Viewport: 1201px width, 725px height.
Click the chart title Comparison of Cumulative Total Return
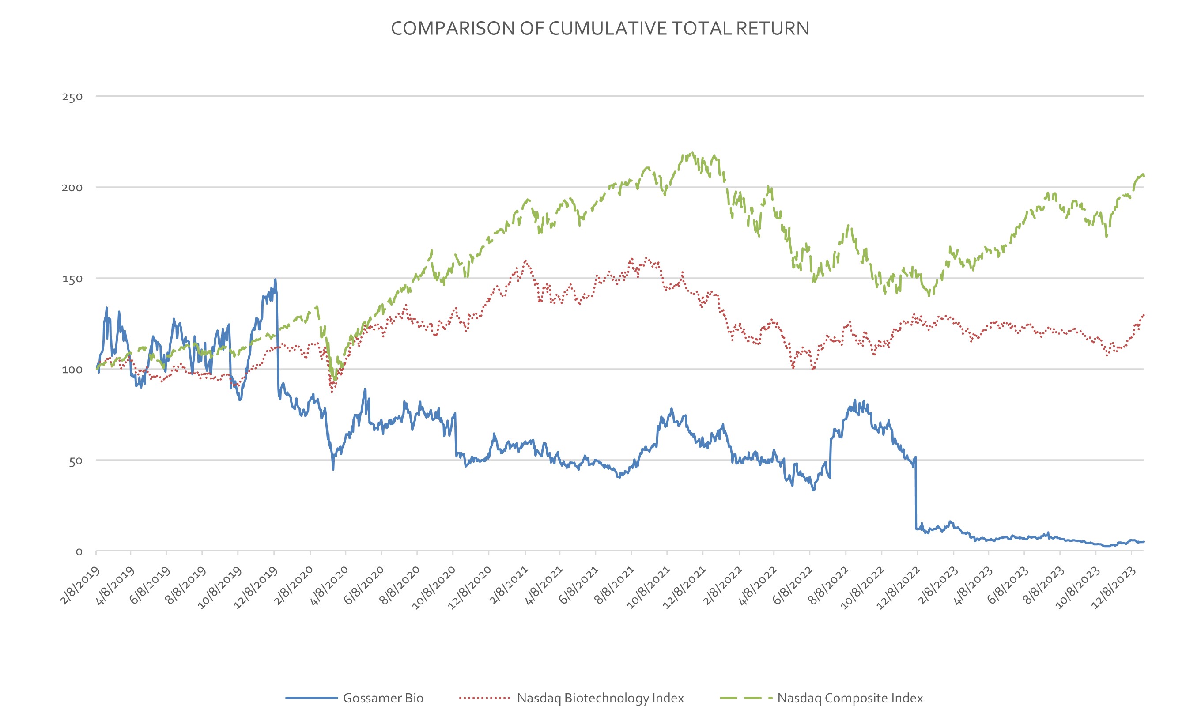(600, 28)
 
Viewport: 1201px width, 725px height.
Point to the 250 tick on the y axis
(72, 97)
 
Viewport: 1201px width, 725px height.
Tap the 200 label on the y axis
(72, 188)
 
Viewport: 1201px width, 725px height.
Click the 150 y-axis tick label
(72, 279)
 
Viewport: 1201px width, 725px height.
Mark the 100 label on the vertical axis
(72, 370)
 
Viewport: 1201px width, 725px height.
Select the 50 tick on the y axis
(75, 461)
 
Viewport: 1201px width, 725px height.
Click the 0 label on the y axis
(79, 552)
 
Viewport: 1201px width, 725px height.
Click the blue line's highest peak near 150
(276, 280)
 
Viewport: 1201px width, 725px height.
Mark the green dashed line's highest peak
(693, 153)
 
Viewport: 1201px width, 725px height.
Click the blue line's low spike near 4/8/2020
(333, 469)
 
